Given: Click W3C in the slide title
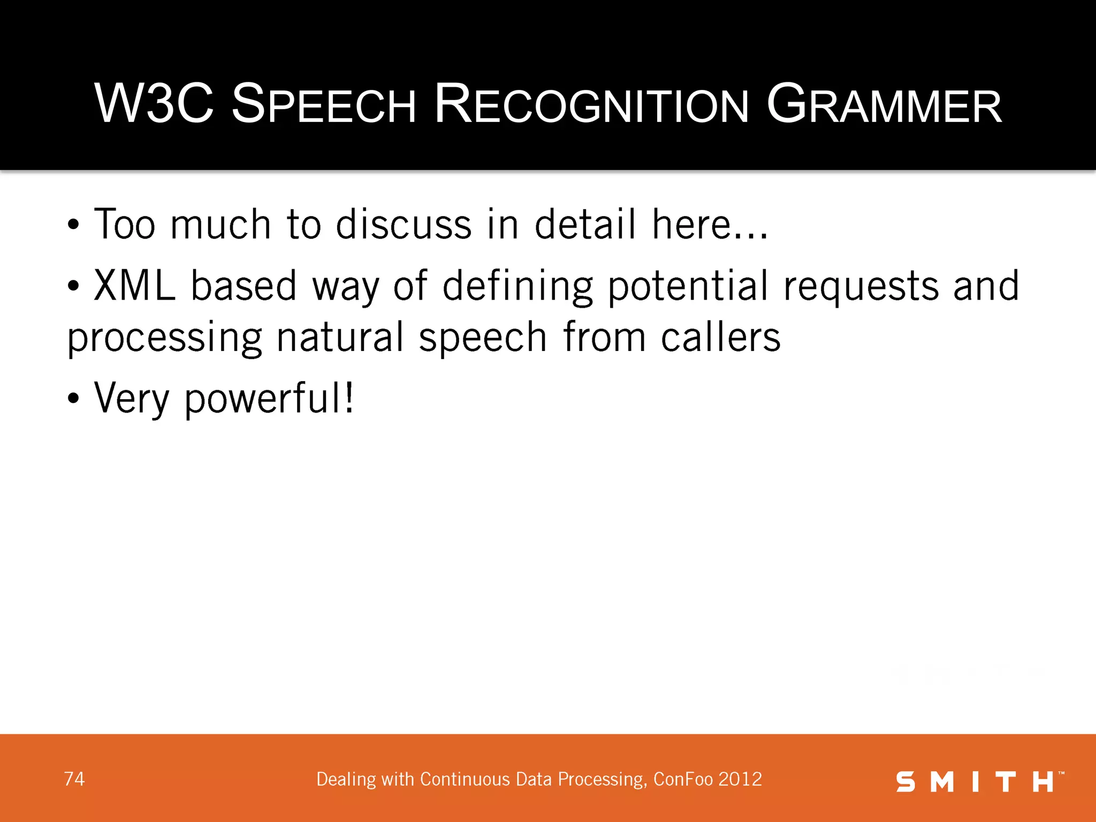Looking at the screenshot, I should click(x=154, y=104).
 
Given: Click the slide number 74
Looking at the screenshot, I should click(x=74, y=779).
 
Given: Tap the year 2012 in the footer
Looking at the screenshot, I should click(x=740, y=779).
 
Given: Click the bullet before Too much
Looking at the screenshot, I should click(x=73, y=225).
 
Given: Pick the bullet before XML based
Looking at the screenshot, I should click(x=73, y=287).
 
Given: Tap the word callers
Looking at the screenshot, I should click(x=720, y=337).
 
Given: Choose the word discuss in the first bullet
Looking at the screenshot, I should click(x=404, y=224).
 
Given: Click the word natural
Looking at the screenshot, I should click(x=340, y=337).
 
